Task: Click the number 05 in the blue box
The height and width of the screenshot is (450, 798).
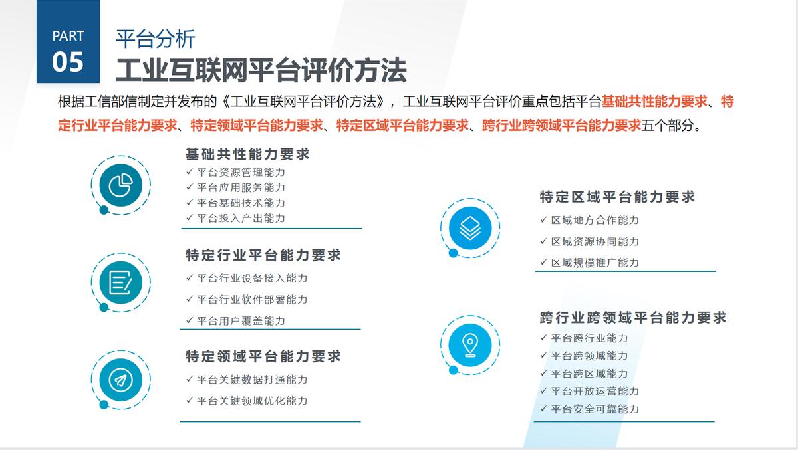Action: click(x=68, y=62)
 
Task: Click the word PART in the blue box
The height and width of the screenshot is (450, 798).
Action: click(x=68, y=36)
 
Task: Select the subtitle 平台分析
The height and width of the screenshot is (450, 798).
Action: click(x=156, y=39)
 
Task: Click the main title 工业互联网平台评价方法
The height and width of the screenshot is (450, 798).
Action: click(x=261, y=70)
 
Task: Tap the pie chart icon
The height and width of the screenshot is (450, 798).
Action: click(x=120, y=185)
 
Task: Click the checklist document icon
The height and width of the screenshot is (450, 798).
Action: click(x=120, y=282)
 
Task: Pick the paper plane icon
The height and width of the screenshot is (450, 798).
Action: click(x=120, y=380)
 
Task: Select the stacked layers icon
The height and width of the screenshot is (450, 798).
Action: click(x=470, y=229)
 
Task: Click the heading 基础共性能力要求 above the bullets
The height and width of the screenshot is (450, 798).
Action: click(x=247, y=154)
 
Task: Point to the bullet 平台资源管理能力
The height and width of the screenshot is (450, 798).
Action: click(x=241, y=172)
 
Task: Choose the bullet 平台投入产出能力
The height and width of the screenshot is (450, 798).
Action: click(x=241, y=218)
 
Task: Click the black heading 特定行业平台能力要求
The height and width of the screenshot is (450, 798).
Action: click(x=263, y=255)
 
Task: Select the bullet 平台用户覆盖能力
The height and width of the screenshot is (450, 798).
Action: click(x=241, y=320)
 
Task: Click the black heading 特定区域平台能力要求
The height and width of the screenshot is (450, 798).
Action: click(x=617, y=197)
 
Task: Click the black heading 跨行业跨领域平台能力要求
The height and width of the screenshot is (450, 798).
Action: click(x=633, y=318)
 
